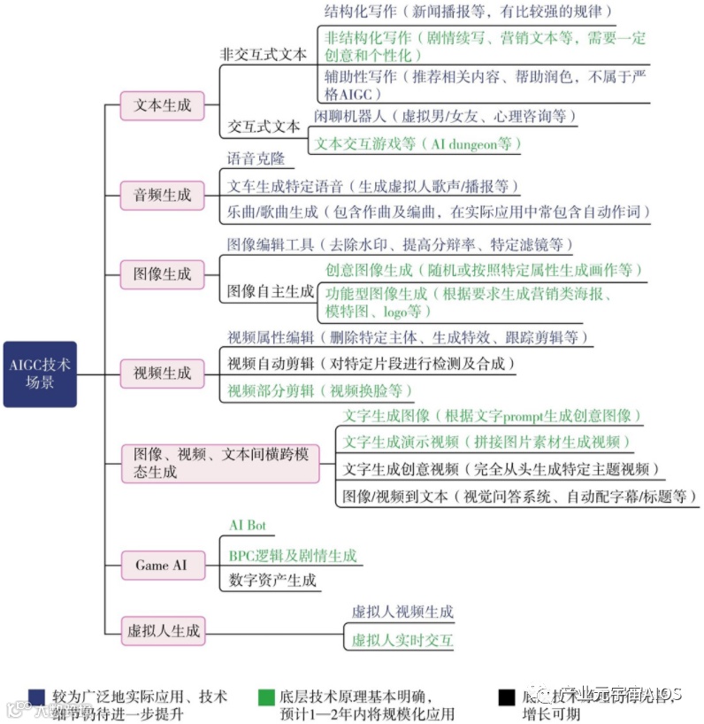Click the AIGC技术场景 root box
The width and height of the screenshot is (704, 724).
point(40,374)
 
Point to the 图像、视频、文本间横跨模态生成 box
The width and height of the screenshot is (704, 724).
point(220,463)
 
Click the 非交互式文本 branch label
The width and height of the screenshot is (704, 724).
point(263,54)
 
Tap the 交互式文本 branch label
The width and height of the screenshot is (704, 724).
point(264,126)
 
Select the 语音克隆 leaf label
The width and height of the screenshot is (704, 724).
point(256,159)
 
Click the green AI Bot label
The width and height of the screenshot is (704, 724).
point(248,525)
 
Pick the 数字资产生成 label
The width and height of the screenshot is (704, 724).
point(272,581)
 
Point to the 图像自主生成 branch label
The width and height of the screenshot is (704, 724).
point(270,290)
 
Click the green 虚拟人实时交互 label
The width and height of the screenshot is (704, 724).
point(402,640)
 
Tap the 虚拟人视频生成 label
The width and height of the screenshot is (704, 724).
point(402,612)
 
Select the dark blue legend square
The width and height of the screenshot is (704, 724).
point(36,697)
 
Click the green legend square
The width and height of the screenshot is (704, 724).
point(265,697)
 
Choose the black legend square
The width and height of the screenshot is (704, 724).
point(506,697)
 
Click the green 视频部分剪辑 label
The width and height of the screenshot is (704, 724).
point(319,390)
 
